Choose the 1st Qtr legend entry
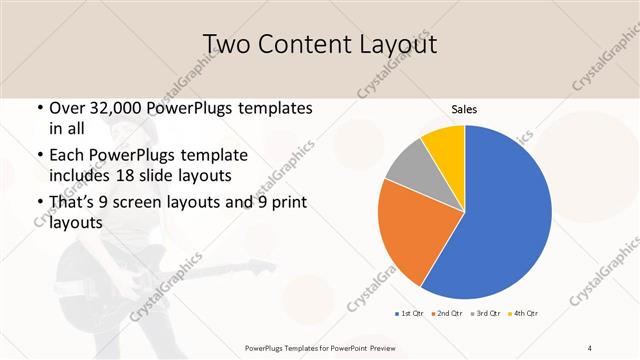pyautogui.click(x=409, y=315)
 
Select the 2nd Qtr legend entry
pyautogui.click(x=448, y=315)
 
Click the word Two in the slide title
pyautogui.click(x=227, y=44)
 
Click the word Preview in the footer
pyautogui.click(x=376, y=347)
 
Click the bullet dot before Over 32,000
pyautogui.click(x=39, y=108)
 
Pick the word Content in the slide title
pyautogui.click(x=302, y=44)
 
